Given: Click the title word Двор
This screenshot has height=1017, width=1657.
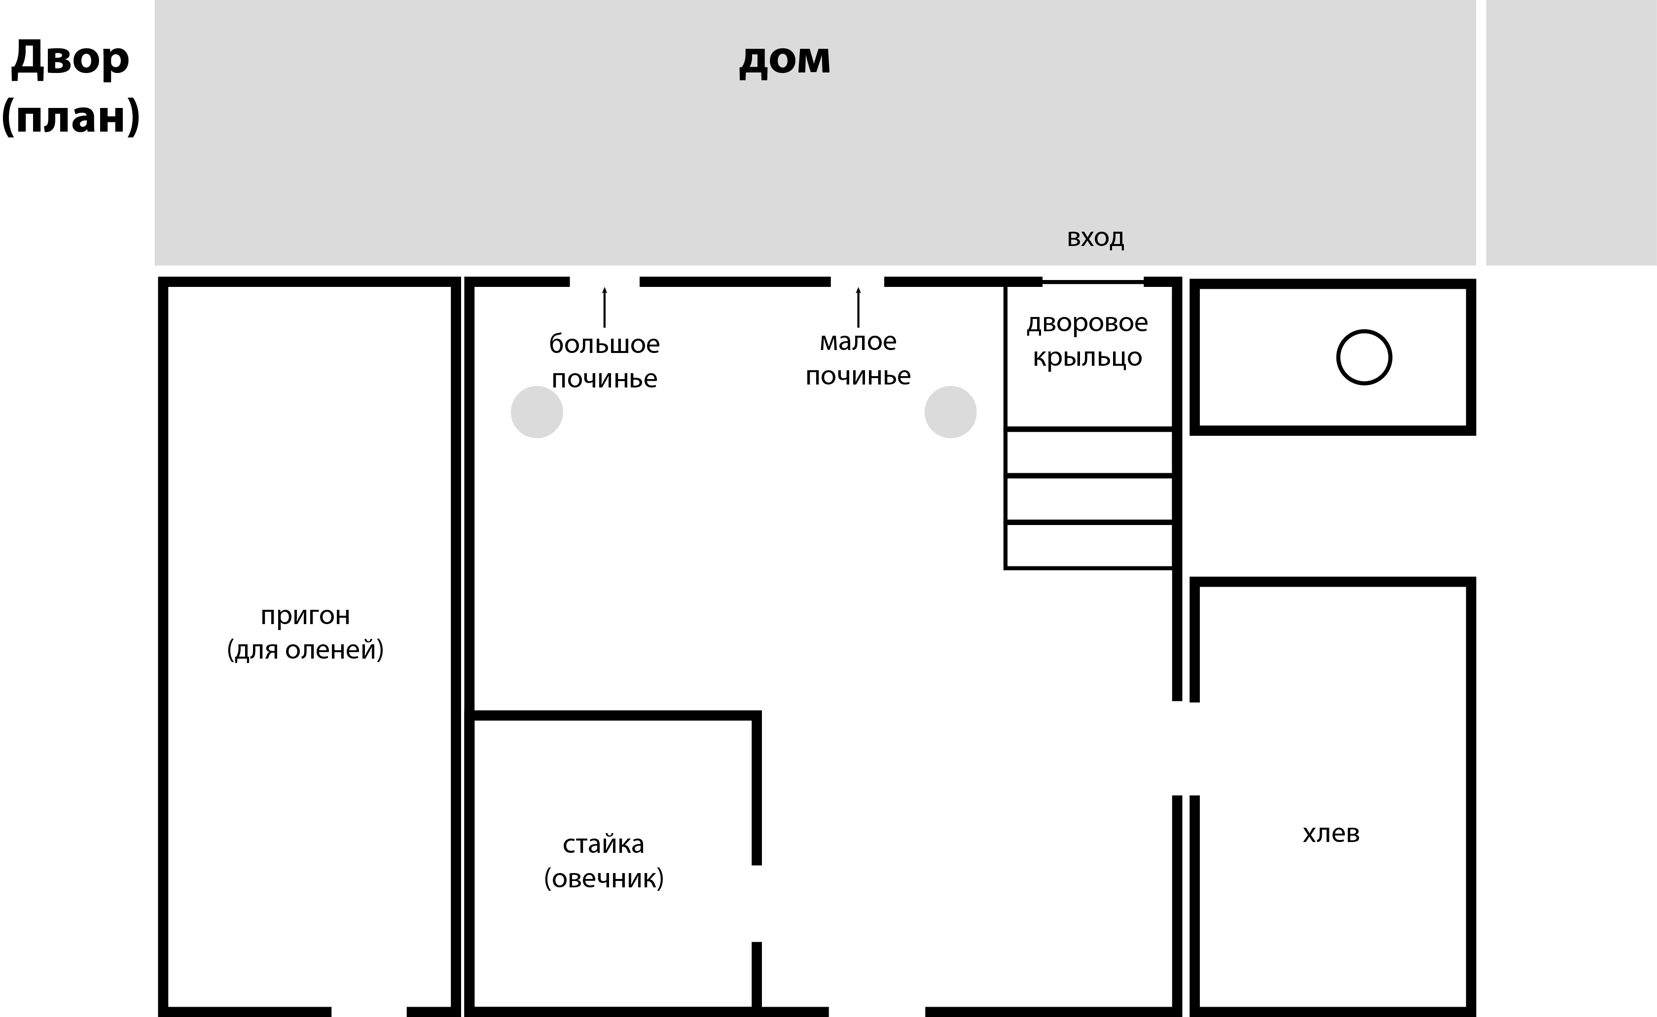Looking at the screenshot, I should tap(70, 59).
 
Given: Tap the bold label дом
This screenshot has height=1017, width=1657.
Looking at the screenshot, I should tap(785, 59).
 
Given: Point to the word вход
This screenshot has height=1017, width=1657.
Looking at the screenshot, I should tap(1095, 238).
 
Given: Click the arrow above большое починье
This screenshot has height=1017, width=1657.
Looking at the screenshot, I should tap(604, 307).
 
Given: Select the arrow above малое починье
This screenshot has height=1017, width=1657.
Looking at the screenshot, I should tap(858, 307).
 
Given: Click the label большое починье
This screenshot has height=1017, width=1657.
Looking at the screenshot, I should tap(604, 361).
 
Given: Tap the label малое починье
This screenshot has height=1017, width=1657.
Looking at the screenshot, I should tap(858, 358).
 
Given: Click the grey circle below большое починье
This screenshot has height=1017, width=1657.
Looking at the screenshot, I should tap(537, 412).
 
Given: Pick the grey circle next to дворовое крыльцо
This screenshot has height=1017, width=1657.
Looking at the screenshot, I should tap(950, 412).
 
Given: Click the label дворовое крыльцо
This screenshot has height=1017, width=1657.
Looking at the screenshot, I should tap(1087, 340).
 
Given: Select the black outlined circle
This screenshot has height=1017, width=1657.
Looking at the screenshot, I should tap(1364, 357).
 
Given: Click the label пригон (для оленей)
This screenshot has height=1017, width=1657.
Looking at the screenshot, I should tap(305, 632).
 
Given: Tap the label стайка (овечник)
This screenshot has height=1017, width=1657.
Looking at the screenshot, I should tap(604, 861).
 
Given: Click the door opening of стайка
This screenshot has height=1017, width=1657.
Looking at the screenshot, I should tap(756, 903).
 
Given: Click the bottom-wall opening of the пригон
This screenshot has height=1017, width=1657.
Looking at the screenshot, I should tap(369, 1011).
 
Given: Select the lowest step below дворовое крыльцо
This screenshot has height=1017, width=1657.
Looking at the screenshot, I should tap(1088, 546).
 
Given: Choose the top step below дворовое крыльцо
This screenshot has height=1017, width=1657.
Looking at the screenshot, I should tap(1088, 453).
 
